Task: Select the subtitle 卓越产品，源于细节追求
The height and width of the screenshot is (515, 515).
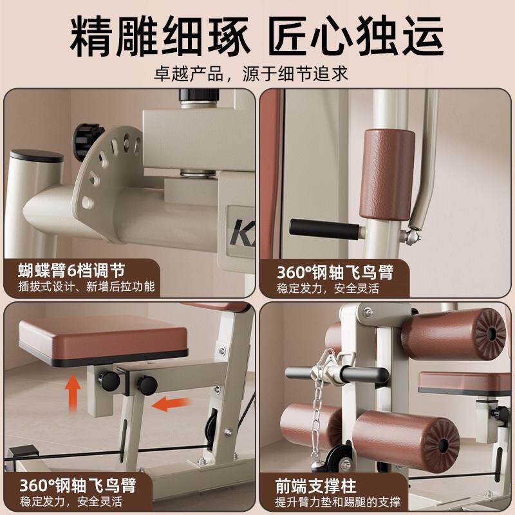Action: [257, 73]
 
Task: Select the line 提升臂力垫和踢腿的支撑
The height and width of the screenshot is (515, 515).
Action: [339, 502]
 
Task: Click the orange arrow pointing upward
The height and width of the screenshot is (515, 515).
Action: [74, 391]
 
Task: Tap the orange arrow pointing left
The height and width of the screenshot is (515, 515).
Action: [173, 404]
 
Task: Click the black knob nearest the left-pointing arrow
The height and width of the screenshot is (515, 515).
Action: [147, 385]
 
